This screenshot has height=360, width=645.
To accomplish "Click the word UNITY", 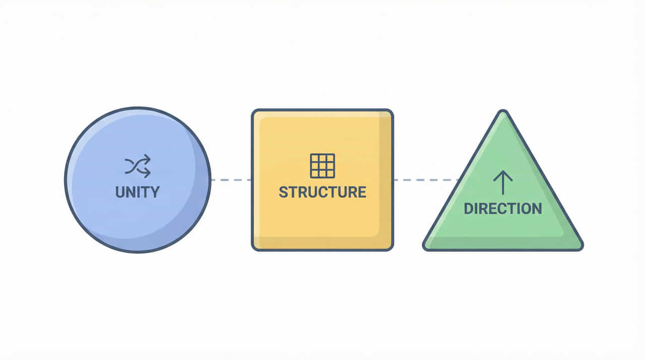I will (x=137, y=192).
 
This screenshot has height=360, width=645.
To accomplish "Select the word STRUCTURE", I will (x=322, y=192).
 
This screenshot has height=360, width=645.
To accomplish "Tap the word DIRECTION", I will (x=502, y=208).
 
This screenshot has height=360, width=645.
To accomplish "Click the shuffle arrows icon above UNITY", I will (x=138, y=166).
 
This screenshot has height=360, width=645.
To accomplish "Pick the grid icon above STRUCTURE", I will (x=322, y=165).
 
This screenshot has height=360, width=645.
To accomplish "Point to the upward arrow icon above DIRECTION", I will (x=503, y=182).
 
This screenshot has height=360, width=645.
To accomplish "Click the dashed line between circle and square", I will (x=231, y=179).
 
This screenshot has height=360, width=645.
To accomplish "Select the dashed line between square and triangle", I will (x=425, y=179).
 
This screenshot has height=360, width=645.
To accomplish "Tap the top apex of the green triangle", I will (x=502, y=112).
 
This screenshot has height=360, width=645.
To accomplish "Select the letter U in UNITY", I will (x=120, y=192).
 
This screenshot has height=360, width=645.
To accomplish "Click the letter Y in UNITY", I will (x=154, y=192).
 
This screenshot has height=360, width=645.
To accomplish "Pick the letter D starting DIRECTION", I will (x=469, y=208).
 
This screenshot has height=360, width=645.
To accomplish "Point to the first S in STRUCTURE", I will (x=283, y=192).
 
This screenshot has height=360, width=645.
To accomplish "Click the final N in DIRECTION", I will (x=537, y=208).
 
